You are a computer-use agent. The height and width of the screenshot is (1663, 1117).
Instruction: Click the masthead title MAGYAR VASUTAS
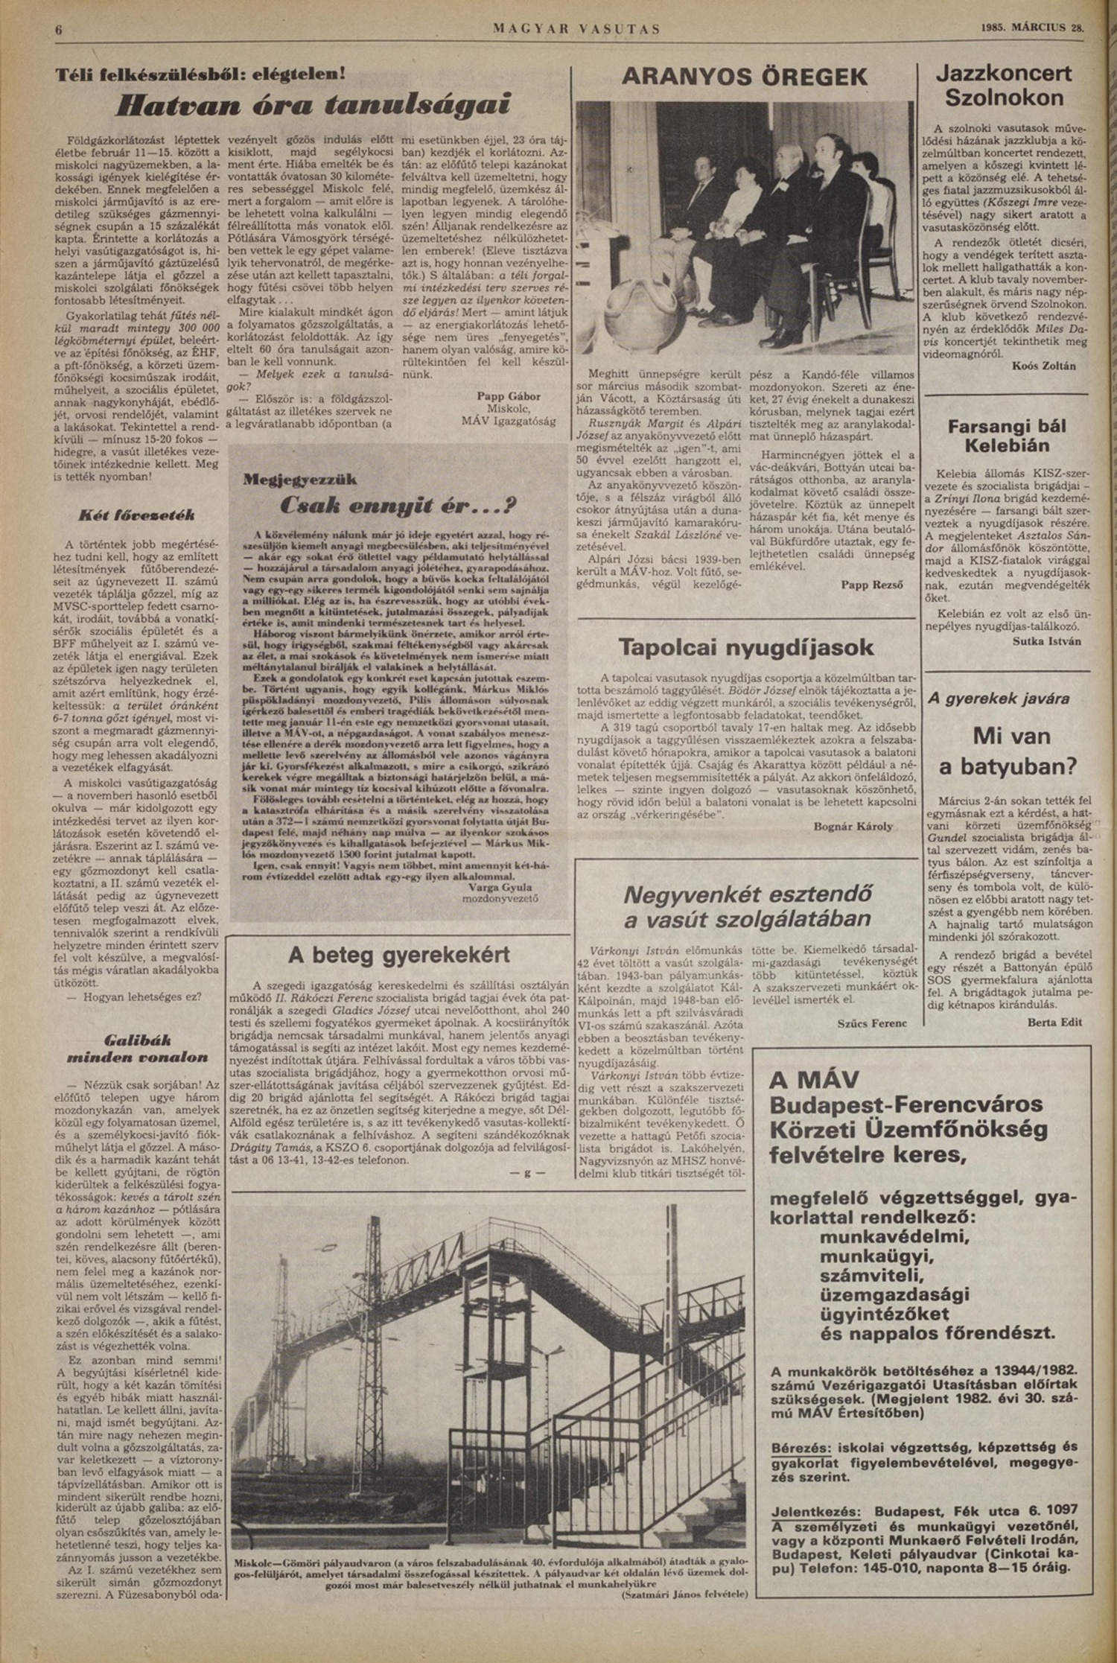[x=576, y=30]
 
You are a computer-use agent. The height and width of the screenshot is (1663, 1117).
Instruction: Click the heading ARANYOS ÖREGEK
[x=744, y=77]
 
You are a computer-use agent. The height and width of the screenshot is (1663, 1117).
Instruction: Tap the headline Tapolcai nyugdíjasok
[x=745, y=647]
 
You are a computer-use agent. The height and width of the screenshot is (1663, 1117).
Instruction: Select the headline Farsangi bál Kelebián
[x=1007, y=436]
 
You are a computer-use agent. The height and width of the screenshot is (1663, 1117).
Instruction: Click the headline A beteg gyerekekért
[x=399, y=955]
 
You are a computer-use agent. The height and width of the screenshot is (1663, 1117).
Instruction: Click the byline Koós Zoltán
[x=1043, y=366]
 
